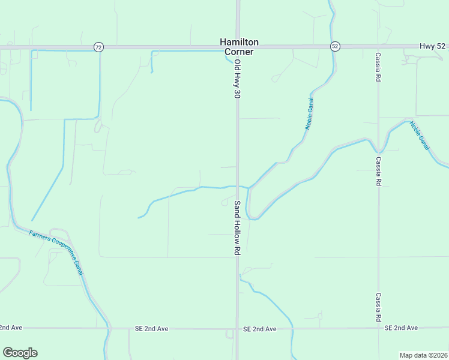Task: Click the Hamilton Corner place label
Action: pyautogui.click(x=239, y=47)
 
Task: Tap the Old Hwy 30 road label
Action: pyautogui.click(x=237, y=79)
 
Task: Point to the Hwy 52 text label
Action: pyautogui.click(x=433, y=46)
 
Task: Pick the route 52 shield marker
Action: pyautogui.click(x=335, y=47)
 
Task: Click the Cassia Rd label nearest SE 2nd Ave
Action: pyautogui.click(x=378, y=307)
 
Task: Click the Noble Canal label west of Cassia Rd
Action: pyautogui.click(x=310, y=113)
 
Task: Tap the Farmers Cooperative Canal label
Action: pyautogui.click(x=56, y=252)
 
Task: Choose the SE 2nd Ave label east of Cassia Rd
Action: pyautogui.click(x=401, y=328)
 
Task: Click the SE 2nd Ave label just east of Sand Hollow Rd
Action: pyautogui.click(x=259, y=329)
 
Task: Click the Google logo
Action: pyautogui.click(x=20, y=353)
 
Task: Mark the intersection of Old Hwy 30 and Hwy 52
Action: pyautogui.click(x=238, y=47)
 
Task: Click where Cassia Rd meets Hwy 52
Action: pyautogui.click(x=378, y=47)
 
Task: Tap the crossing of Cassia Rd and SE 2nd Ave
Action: pyautogui.click(x=378, y=328)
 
